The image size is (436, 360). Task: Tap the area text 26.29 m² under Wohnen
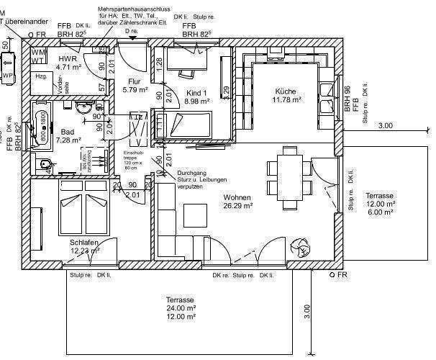[x=237, y=205]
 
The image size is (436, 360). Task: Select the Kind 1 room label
[x=196, y=94]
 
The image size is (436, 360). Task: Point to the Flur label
[x=135, y=81]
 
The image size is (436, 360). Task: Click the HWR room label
[x=68, y=58]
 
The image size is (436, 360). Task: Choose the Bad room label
[x=68, y=132]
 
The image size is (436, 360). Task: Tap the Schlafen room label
[x=83, y=243]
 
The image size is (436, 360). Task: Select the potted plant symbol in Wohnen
[x=299, y=248]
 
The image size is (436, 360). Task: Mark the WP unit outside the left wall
[x=8, y=76]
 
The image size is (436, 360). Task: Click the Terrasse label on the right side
[x=379, y=196]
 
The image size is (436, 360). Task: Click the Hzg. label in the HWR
[x=42, y=76]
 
